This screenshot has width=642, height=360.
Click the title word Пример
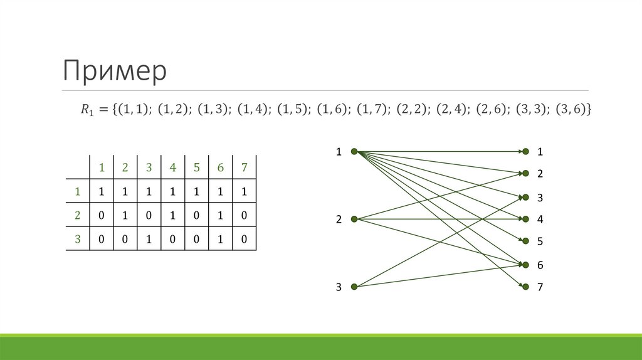coord(114,70)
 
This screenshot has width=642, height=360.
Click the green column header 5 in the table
coord(196,167)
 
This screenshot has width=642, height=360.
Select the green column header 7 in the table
coord(244,167)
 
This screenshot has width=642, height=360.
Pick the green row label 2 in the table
coord(78,214)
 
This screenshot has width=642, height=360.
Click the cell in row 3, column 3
coord(149,239)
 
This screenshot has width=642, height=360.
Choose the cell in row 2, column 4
coord(172,214)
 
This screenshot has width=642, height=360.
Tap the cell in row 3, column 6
coord(220,239)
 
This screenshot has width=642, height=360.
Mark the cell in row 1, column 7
coord(244,191)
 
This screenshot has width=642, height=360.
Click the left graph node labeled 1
coord(354,151)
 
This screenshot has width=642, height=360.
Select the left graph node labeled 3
coord(354,287)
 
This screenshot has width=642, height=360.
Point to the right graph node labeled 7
coord(525,287)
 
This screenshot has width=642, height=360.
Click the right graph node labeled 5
coord(525,241)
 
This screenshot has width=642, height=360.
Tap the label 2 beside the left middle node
coord(339,220)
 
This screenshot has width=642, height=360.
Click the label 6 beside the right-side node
coord(540,265)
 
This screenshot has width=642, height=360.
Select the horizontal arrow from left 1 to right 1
coord(439,151)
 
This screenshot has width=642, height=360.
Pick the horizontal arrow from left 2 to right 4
coord(439,219)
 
